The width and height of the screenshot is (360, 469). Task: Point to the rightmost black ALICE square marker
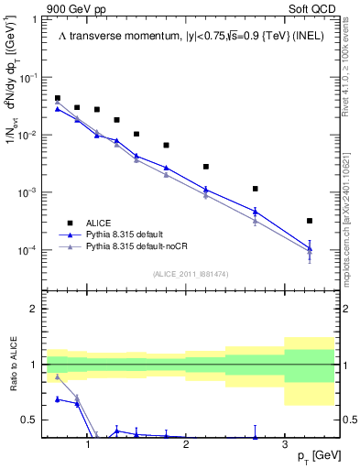click(x=310, y=221)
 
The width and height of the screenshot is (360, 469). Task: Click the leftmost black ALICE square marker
click(x=58, y=98)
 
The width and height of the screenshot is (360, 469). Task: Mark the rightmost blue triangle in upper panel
click(x=310, y=248)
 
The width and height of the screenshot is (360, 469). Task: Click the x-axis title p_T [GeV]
click(x=311, y=456)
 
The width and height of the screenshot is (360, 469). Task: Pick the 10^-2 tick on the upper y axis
click(x=32, y=136)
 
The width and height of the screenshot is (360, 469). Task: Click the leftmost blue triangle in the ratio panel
click(x=58, y=398)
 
